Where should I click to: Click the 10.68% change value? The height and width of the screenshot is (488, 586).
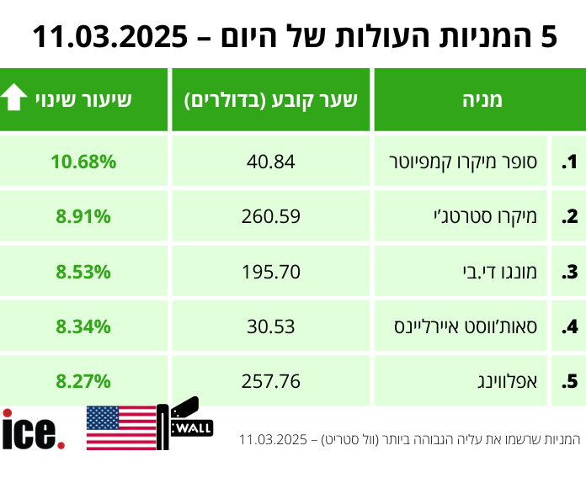(83, 162)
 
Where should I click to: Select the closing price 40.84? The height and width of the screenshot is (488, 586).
(271, 162)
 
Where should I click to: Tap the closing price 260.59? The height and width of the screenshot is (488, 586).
(271, 216)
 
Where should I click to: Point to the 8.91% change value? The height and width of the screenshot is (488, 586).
(83, 216)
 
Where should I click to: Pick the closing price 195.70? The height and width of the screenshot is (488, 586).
(271, 272)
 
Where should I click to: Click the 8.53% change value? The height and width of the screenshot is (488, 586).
(83, 272)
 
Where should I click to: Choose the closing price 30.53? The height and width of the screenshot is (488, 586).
(271, 326)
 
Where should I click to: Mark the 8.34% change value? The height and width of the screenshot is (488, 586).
(83, 326)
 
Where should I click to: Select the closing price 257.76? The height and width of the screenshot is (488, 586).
(271, 381)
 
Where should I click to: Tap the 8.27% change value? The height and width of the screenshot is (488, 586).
(83, 381)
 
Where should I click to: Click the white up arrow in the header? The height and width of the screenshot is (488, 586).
(15, 99)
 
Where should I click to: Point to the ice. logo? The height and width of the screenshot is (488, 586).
(34, 429)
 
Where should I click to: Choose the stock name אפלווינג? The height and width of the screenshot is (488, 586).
(513, 381)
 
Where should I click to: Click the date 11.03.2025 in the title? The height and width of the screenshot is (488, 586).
(109, 37)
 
